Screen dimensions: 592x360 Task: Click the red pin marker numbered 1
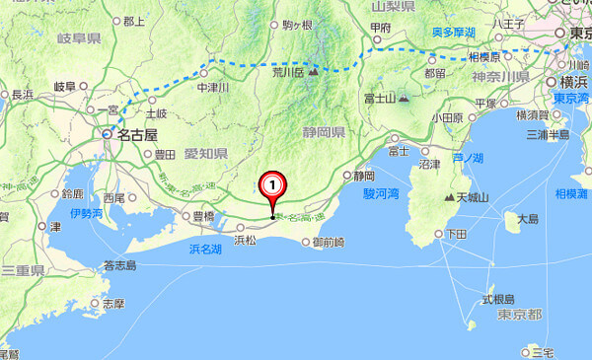(x=272, y=184)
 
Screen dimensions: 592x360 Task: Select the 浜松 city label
(x=245, y=238)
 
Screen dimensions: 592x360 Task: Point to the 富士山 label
(x=378, y=98)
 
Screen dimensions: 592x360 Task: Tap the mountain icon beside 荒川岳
(x=315, y=71)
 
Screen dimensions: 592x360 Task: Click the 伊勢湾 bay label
(x=86, y=212)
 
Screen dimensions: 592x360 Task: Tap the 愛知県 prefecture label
(x=207, y=154)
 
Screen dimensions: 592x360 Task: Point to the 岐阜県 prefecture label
(x=79, y=38)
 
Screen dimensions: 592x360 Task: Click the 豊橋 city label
(x=202, y=216)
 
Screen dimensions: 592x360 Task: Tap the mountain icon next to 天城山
(x=448, y=198)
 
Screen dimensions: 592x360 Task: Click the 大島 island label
(x=528, y=219)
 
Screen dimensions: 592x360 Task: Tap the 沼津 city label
(x=429, y=164)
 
